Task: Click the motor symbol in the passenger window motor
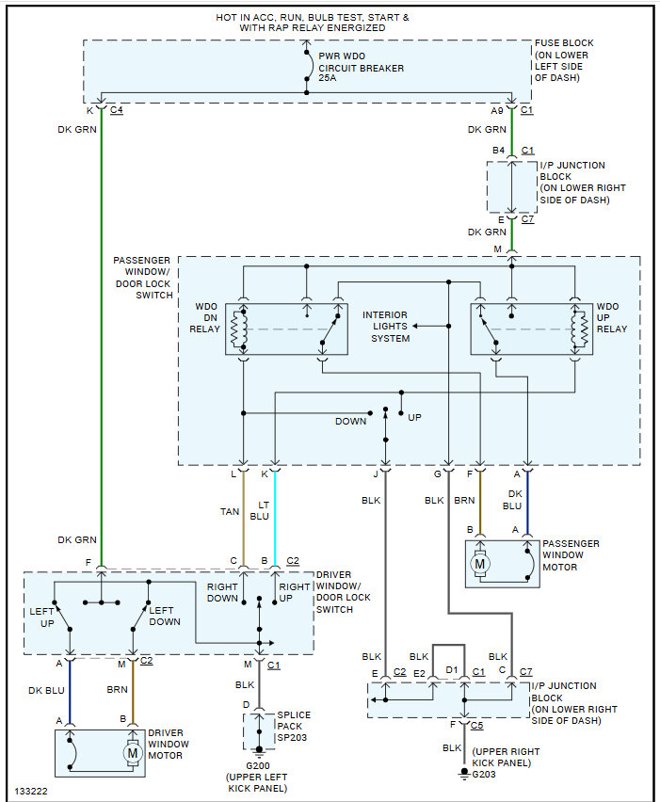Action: [x=481, y=564]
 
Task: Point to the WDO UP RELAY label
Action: [x=611, y=317]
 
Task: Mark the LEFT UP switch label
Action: [x=42, y=617]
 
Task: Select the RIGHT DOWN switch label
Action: [x=222, y=592]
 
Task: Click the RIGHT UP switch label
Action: [x=294, y=592]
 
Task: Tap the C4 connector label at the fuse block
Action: [x=117, y=111]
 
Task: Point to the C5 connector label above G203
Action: [x=478, y=726]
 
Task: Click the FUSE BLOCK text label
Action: [x=565, y=43]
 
